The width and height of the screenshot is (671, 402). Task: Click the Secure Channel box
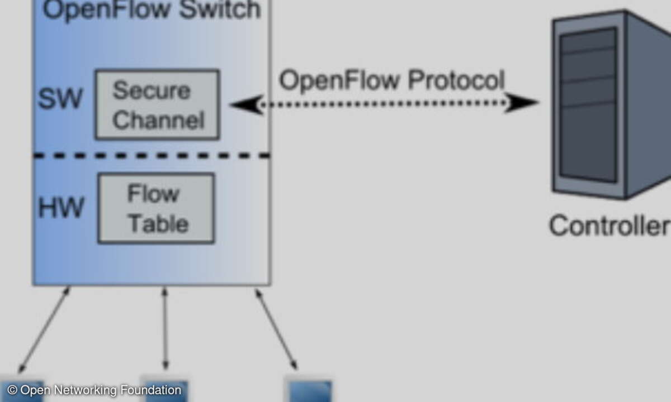pos(157,104)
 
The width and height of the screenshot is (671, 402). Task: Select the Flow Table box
pos(156,208)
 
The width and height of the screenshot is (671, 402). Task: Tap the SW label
pos(60,99)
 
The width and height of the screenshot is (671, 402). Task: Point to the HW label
pos(61,208)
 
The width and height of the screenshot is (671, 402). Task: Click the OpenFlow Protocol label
pos(391,80)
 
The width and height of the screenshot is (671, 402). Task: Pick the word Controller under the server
pos(608,226)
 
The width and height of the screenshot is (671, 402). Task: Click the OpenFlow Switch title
pos(152,10)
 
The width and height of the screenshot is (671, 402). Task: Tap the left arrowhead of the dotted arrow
pos(246,104)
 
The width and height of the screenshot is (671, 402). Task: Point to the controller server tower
pos(609,106)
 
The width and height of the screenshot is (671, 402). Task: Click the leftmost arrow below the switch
pos(45,329)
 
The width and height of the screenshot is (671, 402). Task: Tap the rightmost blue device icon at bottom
pos(309,390)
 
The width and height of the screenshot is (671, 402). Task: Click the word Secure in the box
pos(151,90)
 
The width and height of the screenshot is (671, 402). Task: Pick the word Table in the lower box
pos(158,223)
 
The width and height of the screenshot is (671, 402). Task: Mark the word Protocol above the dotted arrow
pos(455,80)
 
